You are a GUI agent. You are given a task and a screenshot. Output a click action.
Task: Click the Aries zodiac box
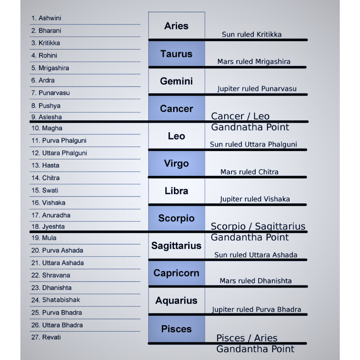click(176, 26)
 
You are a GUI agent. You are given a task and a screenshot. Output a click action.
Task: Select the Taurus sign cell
click(176, 54)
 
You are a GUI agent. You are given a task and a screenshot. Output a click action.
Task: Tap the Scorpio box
click(176, 218)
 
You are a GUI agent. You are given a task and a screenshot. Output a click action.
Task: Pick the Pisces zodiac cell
click(176, 329)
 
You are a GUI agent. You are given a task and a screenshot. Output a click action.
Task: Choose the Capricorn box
click(176, 273)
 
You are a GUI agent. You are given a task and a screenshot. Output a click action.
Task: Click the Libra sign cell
click(176, 190)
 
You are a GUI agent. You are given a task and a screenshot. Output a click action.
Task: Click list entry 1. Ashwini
click(46, 18)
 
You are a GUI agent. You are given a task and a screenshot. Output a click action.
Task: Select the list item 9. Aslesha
click(46, 117)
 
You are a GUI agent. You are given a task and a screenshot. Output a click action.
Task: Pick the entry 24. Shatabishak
click(55, 300)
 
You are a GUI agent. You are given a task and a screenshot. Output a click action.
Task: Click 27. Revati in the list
click(46, 337)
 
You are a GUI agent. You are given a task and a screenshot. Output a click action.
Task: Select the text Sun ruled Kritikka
click(252, 34)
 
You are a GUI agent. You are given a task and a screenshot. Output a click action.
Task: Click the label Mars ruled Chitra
click(249, 172)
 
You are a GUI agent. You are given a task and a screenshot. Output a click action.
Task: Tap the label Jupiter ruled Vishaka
click(255, 199)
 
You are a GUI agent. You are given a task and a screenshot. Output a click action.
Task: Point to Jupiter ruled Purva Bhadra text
click(256, 309)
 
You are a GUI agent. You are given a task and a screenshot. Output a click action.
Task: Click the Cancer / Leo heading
click(240, 116)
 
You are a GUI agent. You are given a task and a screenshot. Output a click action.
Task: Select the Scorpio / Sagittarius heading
click(258, 226)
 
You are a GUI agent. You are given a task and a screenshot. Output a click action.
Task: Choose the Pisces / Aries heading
click(247, 338)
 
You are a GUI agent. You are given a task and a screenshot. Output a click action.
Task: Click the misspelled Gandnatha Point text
click(250, 127)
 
